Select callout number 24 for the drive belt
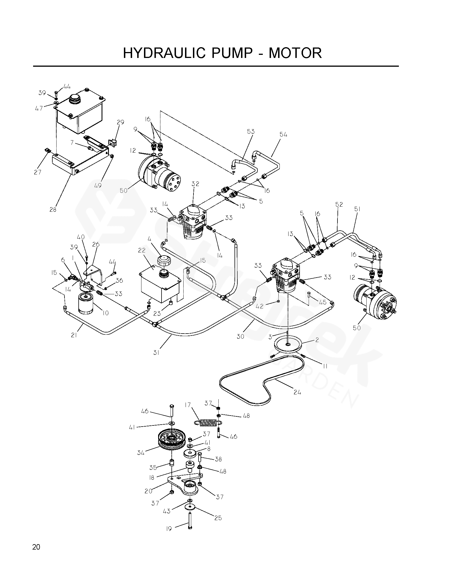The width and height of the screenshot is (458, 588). pos(297,392)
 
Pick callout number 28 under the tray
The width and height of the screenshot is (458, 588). pos(53,209)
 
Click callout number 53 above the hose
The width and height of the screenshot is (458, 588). pos(251,131)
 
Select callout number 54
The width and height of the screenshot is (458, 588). pos(283,135)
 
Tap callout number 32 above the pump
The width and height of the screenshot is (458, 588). pos(195,184)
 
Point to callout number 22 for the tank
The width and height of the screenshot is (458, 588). pos(142,250)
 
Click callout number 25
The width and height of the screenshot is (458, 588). pos(218,518)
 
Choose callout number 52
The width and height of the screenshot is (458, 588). pos(339,204)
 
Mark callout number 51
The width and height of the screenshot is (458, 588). pos(357,209)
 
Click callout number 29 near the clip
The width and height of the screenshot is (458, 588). pos(121,122)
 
